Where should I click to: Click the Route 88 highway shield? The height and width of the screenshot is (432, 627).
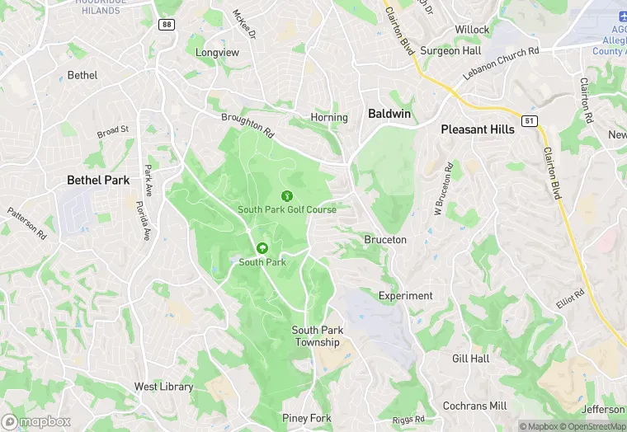[x=167, y=25]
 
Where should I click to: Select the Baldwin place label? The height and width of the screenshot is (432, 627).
[x=389, y=114]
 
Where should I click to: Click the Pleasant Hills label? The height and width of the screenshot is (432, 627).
[x=478, y=129]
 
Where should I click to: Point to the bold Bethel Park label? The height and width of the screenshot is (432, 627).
[x=98, y=180]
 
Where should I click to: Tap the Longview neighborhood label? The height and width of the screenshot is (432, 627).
[x=217, y=52]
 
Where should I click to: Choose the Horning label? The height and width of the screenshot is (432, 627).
[x=329, y=117]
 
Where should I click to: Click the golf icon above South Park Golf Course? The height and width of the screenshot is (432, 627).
[x=287, y=196]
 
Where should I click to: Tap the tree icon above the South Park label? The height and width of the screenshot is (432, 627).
[x=262, y=248]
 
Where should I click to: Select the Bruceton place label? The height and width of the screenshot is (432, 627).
[x=385, y=239]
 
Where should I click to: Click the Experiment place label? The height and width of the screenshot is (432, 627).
[x=405, y=295]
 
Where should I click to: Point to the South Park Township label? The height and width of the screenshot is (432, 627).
[x=317, y=336]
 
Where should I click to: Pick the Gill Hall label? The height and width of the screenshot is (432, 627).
[x=470, y=359]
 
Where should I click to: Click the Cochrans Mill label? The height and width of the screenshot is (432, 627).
[x=474, y=406]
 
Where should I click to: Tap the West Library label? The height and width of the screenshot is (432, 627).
[x=163, y=386]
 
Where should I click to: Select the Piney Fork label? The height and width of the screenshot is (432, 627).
[x=307, y=418]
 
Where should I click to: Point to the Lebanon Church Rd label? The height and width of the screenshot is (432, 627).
[x=501, y=63]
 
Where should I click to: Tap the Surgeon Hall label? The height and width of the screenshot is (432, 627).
[x=450, y=50]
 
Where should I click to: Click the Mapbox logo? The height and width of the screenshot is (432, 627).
[x=36, y=421]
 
